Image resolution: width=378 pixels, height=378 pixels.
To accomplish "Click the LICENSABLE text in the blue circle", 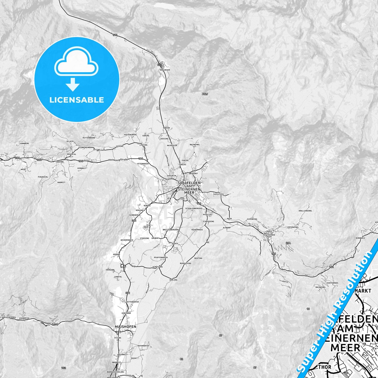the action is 77,100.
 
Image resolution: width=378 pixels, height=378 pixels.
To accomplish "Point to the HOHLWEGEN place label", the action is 165,70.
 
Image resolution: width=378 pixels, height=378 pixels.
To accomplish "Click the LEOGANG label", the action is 60,162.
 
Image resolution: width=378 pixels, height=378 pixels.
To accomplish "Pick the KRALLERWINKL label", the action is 305,211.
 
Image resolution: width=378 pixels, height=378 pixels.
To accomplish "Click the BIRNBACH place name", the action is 360,238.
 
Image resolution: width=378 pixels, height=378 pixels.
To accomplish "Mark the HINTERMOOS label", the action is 332,283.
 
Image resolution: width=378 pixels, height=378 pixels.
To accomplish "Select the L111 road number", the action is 55,325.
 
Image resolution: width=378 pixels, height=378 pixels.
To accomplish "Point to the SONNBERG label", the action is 24,143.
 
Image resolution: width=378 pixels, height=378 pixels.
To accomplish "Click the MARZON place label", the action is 166,128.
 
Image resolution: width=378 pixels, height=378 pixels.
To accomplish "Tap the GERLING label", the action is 173,280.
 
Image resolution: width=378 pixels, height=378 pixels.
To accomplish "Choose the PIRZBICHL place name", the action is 43,177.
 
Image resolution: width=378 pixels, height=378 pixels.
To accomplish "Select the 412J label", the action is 205,94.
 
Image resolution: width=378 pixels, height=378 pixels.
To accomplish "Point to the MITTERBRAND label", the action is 89,138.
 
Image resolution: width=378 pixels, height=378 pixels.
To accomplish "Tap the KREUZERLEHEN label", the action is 9,317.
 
